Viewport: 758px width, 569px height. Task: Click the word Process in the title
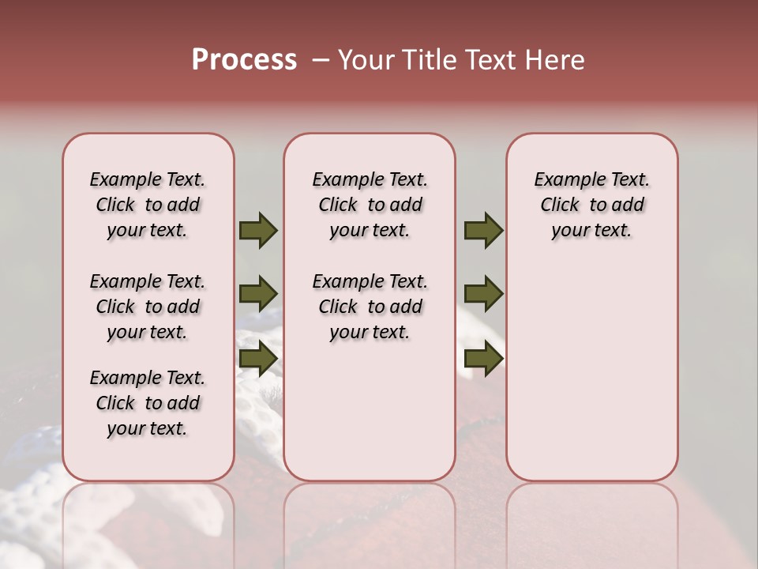click(244, 60)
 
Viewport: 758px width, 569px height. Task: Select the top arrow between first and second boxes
click(257, 230)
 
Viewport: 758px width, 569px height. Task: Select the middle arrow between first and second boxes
click(257, 293)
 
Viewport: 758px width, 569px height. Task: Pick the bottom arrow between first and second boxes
click(257, 358)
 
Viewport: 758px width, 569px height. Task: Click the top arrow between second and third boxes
click(483, 230)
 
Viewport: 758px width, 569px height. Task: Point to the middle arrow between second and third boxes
click(483, 293)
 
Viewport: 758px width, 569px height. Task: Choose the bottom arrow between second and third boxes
click(483, 358)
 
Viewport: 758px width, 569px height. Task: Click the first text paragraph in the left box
click(148, 205)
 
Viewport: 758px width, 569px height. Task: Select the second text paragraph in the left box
click(148, 307)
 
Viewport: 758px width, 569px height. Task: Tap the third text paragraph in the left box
click(148, 403)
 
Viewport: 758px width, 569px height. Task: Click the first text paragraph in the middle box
click(370, 205)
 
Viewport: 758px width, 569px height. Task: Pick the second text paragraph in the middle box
click(370, 307)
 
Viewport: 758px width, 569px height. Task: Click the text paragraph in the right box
click(591, 205)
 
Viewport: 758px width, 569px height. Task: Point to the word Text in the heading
click(490, 60)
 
